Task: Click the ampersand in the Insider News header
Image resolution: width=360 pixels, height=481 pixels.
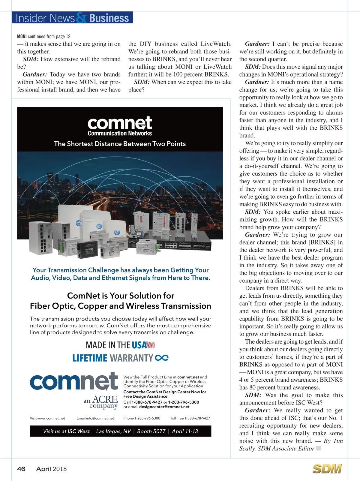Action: pyautogui.click(x=81, y=18)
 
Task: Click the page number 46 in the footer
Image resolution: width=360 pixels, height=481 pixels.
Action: pyautogui.click(x=21, y=469)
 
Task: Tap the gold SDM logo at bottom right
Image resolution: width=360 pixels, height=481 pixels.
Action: pyautogui.click(x=327, y=469)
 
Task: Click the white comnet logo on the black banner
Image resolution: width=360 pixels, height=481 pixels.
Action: pyautogui.click(x=120, y=123)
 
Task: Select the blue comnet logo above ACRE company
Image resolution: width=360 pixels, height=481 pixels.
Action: pyautogui.click(x=74, y=381)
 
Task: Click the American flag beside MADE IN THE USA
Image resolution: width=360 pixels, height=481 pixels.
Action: pyautogui.click(x=151, y=345)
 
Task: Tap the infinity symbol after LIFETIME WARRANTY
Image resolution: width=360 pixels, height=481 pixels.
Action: pyautogui.click(x=162, y=358)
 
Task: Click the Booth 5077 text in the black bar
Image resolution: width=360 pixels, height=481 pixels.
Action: pyautogui.click(x=151, y=431)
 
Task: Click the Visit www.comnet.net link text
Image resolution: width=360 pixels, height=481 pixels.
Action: pyautogui.click(x=47, y=418)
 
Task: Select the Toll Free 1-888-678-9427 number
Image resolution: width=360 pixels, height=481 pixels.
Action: pyautogui.click(x=190, y=418)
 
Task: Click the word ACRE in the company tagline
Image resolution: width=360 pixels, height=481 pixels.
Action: pyautogui.click(x=105, y=399)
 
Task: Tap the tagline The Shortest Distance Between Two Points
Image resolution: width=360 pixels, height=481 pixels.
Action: pyautogui.click(x=120, y=144)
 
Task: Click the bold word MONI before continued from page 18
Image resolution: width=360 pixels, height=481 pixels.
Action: pyautogui.click(x=22, y=37)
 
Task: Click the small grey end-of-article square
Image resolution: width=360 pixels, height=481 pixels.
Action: pyautogui.click(x=319, y=448)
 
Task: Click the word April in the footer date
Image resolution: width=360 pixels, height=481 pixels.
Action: pyautogui.click(x=43, y=469)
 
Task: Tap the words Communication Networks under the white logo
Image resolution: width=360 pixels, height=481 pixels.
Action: pyautogui.click(x=120, y=133)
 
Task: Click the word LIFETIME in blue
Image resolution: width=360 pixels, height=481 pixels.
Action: pyautogui.click(x=90, y=358)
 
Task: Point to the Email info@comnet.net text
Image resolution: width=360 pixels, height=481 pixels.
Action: pyautogui.click(x=95, y=418)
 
